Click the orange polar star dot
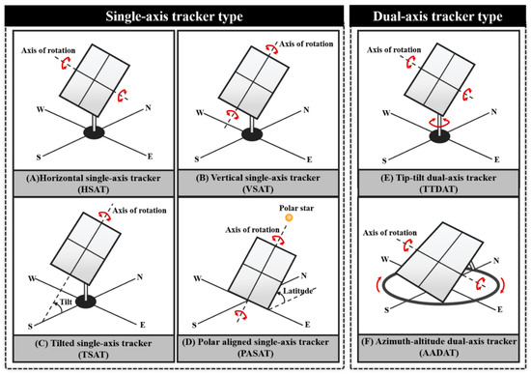(x=289, y=217)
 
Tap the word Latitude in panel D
(x=297, y=291)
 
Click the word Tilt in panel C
(x=66, y=302)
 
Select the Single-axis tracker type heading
(x=174, y=16)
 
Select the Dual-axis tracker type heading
(x=437, y=16)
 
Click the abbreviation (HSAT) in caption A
(x=94, y=189)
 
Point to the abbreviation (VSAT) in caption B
(x=258, y=188)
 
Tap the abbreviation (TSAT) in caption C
(x=94, y=355)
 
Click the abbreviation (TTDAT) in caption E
(x=438, y=188)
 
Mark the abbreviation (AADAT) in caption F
(x=439, y=353)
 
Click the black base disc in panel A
(x=94, y=132)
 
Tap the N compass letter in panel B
(x=306, y=110)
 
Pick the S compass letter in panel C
(x=30, y=327)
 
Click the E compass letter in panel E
(x=496, y=159)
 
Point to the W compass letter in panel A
(x=41, y=109)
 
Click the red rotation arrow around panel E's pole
(x=439, y=123)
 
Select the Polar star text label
(x=296, y=208)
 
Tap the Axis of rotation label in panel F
(x=390, y=233)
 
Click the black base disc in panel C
(x=86, y=302)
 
